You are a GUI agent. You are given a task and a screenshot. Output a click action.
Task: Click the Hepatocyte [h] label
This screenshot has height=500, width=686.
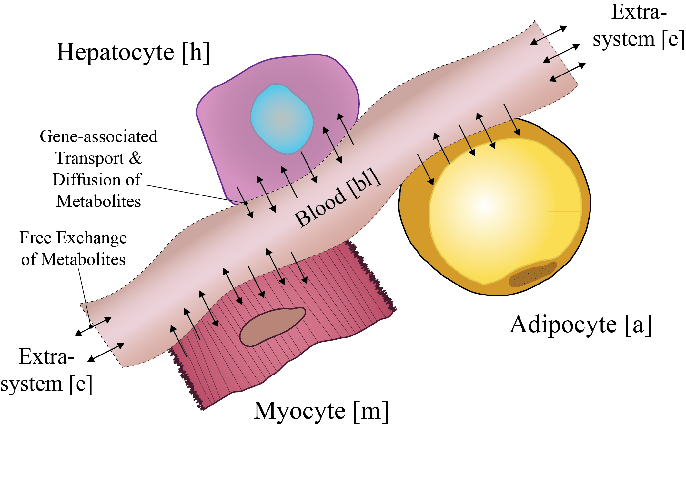(133, 53)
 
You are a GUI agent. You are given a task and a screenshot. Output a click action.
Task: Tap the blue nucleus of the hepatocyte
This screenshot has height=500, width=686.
(282, 119)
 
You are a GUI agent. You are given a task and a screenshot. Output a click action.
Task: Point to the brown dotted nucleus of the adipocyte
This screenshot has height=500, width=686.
(533, 274)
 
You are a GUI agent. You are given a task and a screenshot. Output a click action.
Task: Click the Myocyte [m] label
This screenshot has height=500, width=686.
(321, 411)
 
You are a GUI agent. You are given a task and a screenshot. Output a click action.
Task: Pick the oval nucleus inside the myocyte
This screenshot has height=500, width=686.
(273, 327)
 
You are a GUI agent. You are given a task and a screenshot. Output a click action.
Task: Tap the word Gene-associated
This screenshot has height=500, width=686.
(99, 136)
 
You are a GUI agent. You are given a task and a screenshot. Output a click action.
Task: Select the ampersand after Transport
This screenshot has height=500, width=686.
(136, 158)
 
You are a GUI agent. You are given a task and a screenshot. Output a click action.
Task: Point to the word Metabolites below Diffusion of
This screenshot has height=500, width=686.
(99, 201)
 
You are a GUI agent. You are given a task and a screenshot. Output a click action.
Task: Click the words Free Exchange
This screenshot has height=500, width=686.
(73, 238)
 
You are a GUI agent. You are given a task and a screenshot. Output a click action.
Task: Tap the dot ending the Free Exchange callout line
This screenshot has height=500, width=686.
(91, 326)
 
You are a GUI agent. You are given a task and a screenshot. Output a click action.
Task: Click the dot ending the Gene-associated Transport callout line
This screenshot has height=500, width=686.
(246, 203)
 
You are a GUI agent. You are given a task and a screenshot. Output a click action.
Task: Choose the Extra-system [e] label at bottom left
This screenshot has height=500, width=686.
(47, 370)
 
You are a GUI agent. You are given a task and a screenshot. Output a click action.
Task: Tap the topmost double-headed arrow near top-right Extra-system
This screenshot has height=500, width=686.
(549, 35)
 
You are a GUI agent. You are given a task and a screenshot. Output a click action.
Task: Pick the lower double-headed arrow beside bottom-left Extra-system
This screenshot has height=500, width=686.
(106, 352)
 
